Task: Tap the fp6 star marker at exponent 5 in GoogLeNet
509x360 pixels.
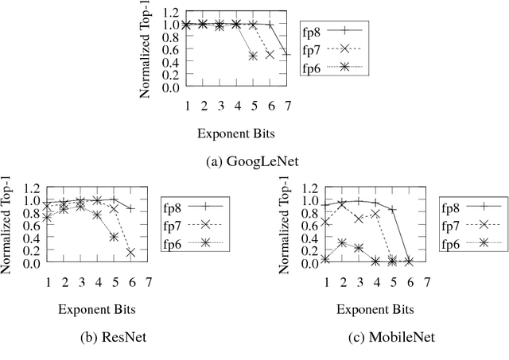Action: click(x=253, y=56)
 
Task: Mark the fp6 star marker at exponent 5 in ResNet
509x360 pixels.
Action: click(x=115, y=237)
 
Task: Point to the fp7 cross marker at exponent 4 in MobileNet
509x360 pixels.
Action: click(x=375, y=214)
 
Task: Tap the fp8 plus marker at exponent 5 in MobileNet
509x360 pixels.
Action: click(x=392, y=209)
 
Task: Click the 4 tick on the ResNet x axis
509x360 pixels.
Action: click(x=98, y=281)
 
